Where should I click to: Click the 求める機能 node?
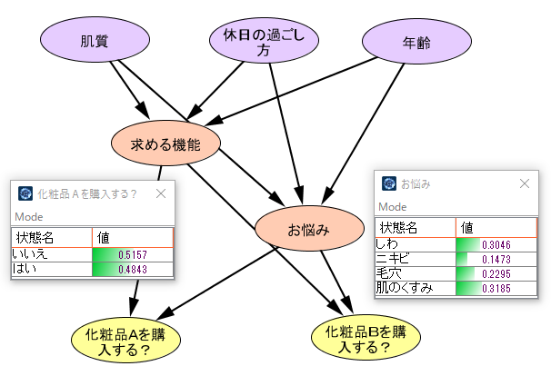tap(165, 143)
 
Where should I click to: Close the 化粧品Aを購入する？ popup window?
tap(162, 193)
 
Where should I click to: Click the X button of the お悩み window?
tap(525, 183)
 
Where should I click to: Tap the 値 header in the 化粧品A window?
tap(104, 237)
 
